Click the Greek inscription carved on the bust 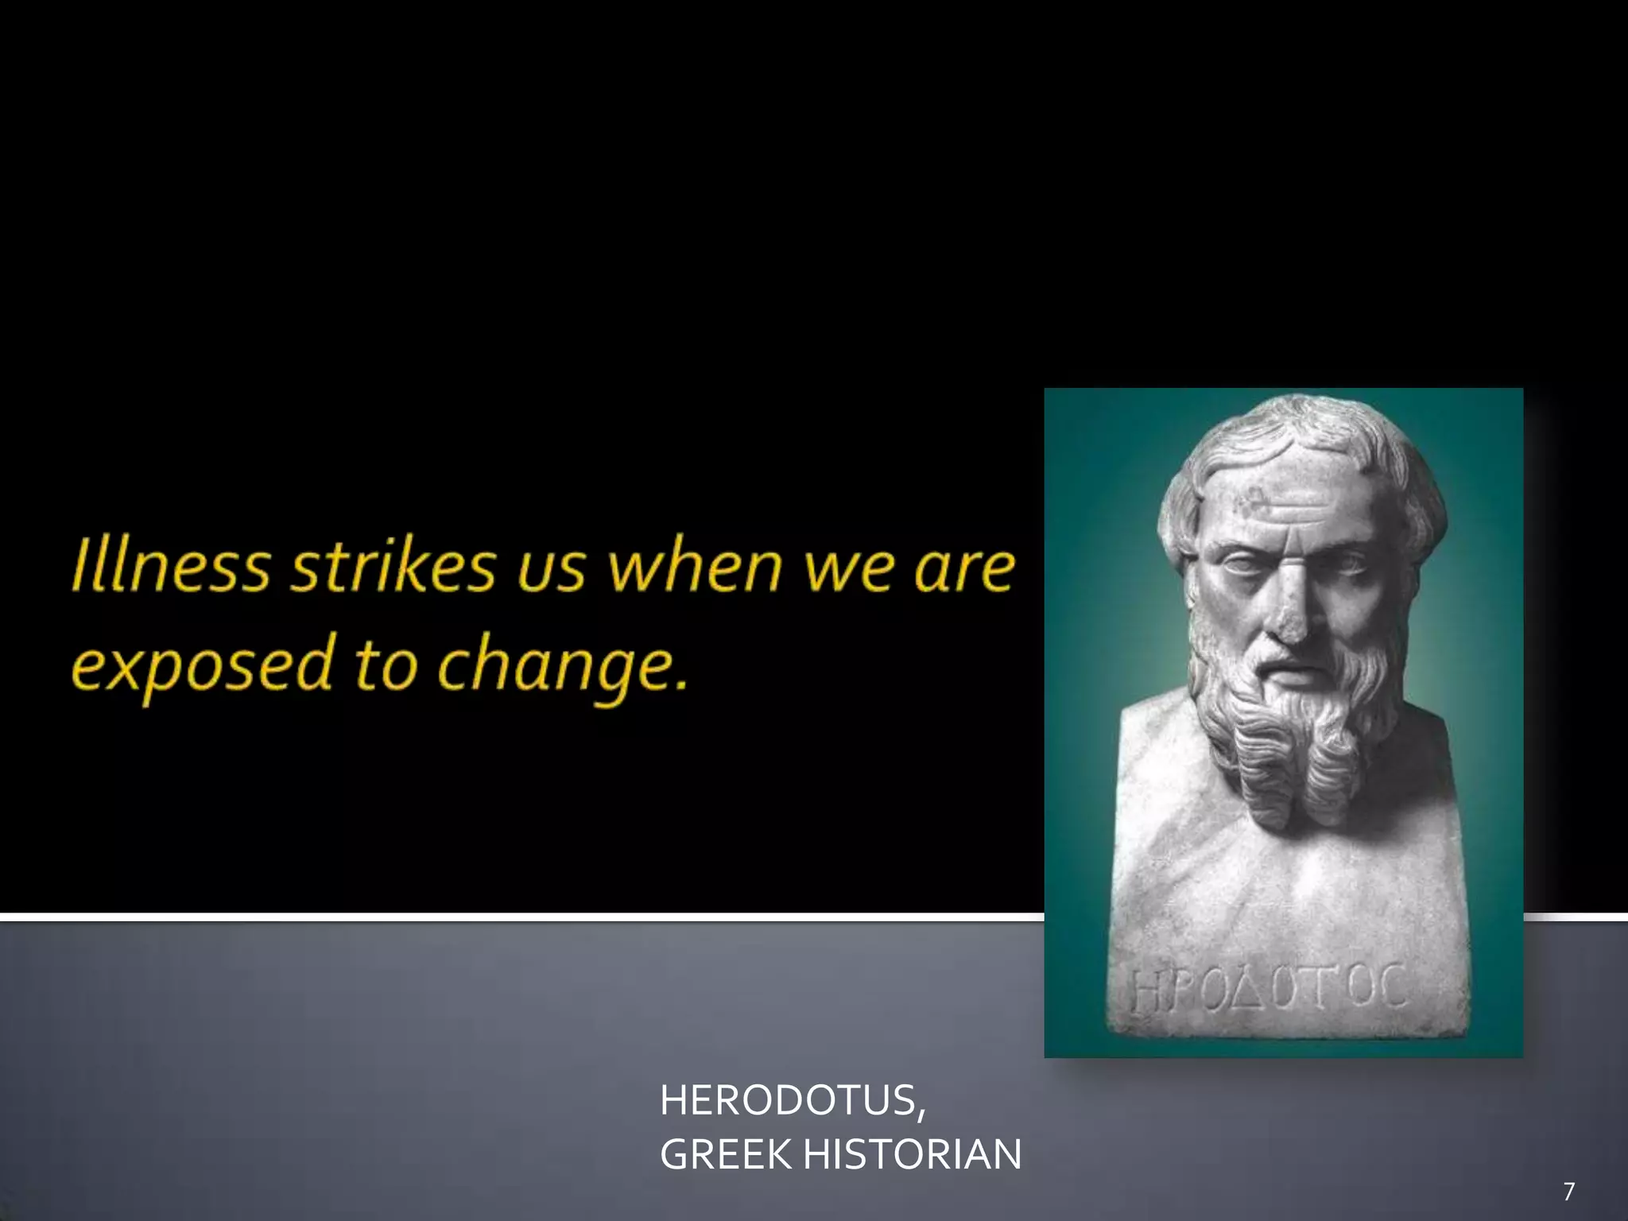pos(1269,990)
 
